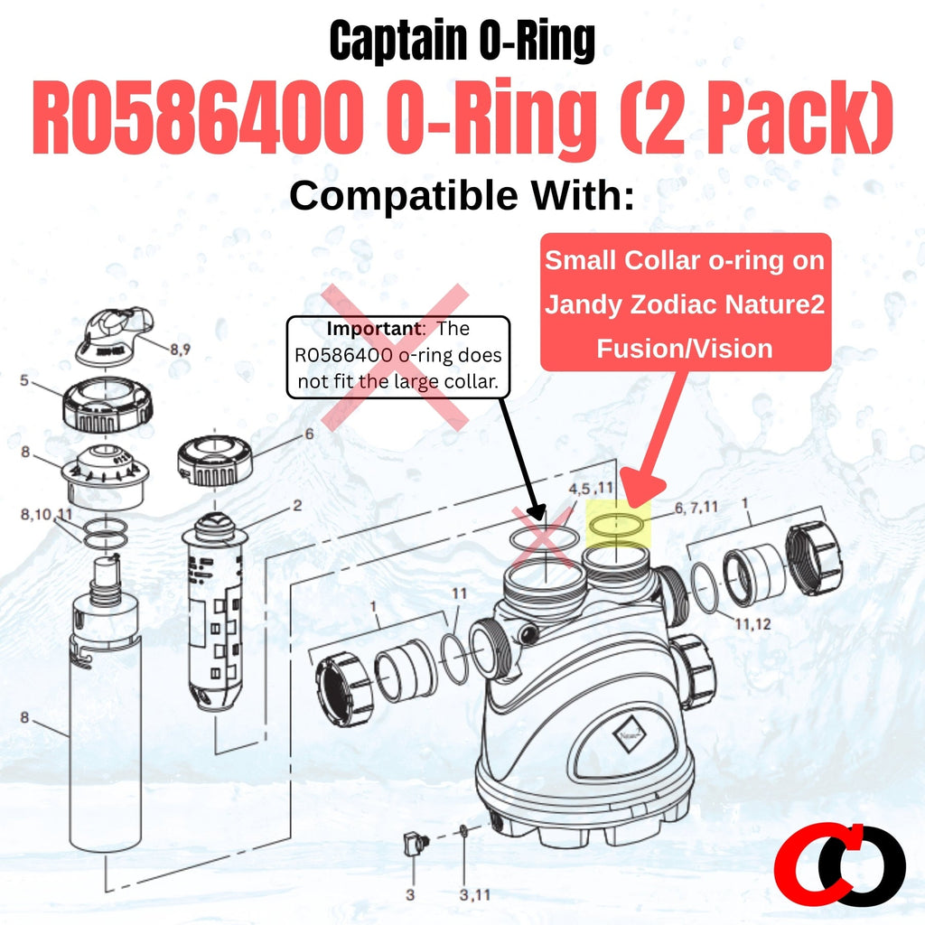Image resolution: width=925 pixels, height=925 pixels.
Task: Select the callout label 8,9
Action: (x=181, y=350)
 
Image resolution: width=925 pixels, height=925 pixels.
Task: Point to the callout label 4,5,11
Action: (x=591, y=489)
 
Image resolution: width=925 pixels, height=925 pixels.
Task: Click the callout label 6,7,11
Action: (x=696, y=507)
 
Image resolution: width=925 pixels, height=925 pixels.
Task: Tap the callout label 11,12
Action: (x=752, y=623)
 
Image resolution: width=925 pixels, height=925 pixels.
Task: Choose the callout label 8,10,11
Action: (x=46, y=514)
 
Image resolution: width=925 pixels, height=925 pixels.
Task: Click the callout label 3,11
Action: (x=475, y=895)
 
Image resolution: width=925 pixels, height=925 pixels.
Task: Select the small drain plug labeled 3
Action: (x=412, y=843)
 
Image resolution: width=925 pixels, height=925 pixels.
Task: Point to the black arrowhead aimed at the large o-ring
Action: (x=537, y=511)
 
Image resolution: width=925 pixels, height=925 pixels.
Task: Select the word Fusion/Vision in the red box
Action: (x=685, y=349)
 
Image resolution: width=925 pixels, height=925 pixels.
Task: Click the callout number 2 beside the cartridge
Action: (x=296, y=506)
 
